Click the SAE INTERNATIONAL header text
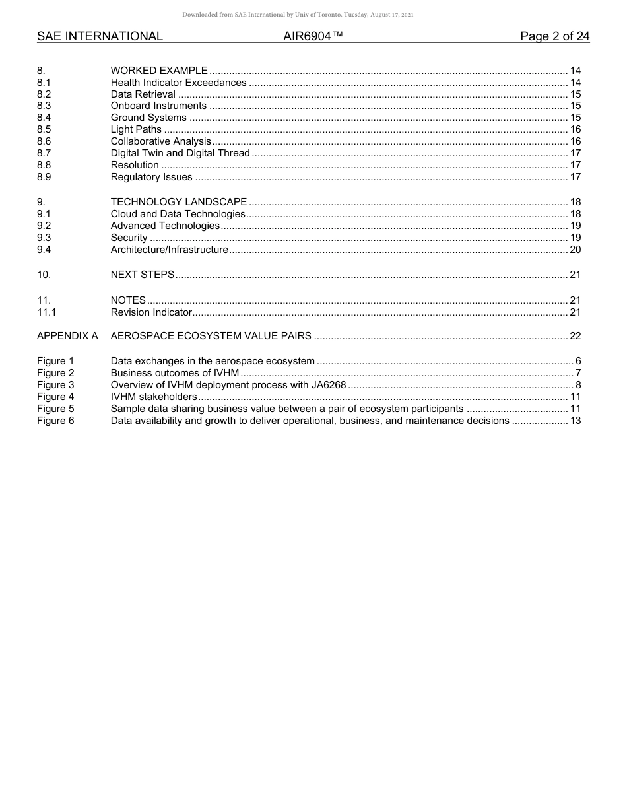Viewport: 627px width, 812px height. (x=100, y=36)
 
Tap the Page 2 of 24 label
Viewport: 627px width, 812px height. (x=554, y=36)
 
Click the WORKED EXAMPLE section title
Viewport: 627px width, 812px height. (x=159, y=71)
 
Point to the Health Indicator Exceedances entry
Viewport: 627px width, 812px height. (x=178, y=83)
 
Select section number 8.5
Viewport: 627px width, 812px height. (x=44, y=129)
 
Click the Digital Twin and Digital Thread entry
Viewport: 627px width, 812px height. (x=180, y=153)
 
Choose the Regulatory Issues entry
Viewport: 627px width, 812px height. (x=151, y=177)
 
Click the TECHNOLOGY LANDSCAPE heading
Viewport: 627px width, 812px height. (x=179, y=202)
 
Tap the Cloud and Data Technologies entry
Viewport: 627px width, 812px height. (x=178, y=214)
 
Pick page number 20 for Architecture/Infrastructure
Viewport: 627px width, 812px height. (x=575, y=250)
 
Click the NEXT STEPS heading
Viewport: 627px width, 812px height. (x=143, y=275)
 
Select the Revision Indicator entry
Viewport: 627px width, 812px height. (x=151, y=312)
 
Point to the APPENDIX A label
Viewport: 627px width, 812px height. (x=67, y=336)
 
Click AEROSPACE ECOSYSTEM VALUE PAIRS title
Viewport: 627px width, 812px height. (x=211, y=336)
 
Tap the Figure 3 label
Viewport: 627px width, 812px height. (x=55, y=385)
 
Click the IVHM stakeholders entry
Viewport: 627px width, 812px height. (x=154, y=397)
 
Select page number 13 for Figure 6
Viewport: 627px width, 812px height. (x=575, y=421)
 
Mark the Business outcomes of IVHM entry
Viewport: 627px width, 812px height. (x=175, y=373)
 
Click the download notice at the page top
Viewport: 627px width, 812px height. (x=298, y=15)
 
